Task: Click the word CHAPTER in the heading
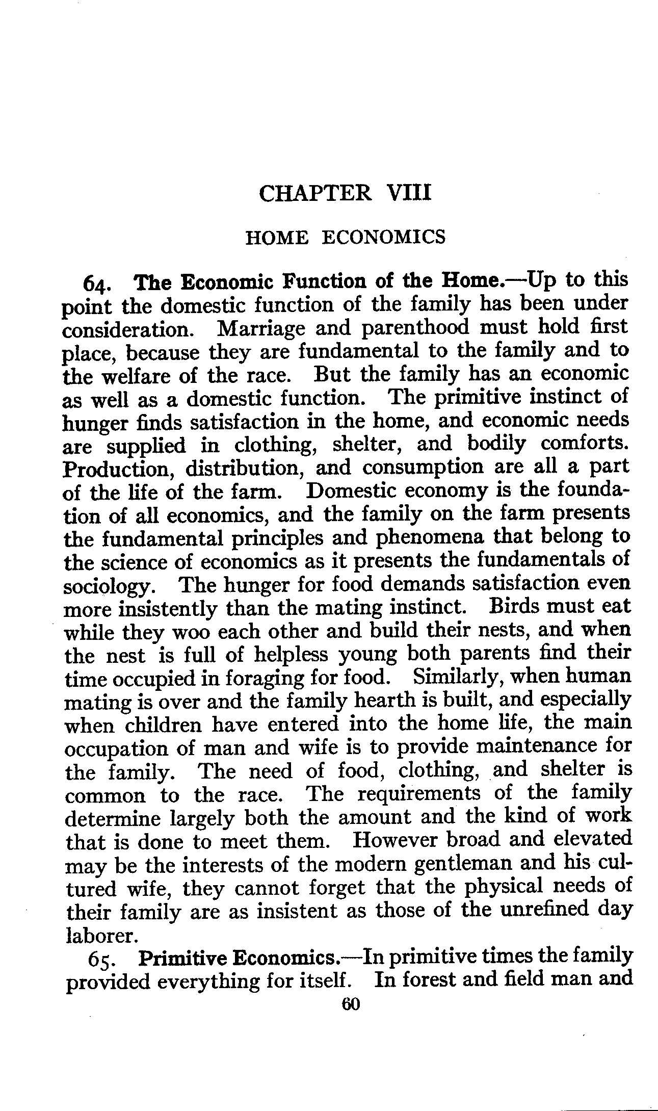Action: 315,194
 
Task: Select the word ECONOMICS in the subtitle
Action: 384,237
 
